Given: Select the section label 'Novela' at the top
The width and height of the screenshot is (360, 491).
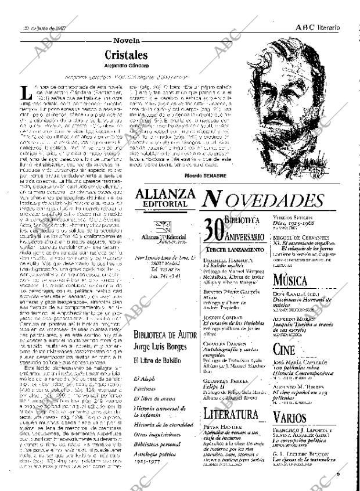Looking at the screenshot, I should [126, 41].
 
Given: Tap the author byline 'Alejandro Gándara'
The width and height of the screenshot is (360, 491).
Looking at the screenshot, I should [126, 66].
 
